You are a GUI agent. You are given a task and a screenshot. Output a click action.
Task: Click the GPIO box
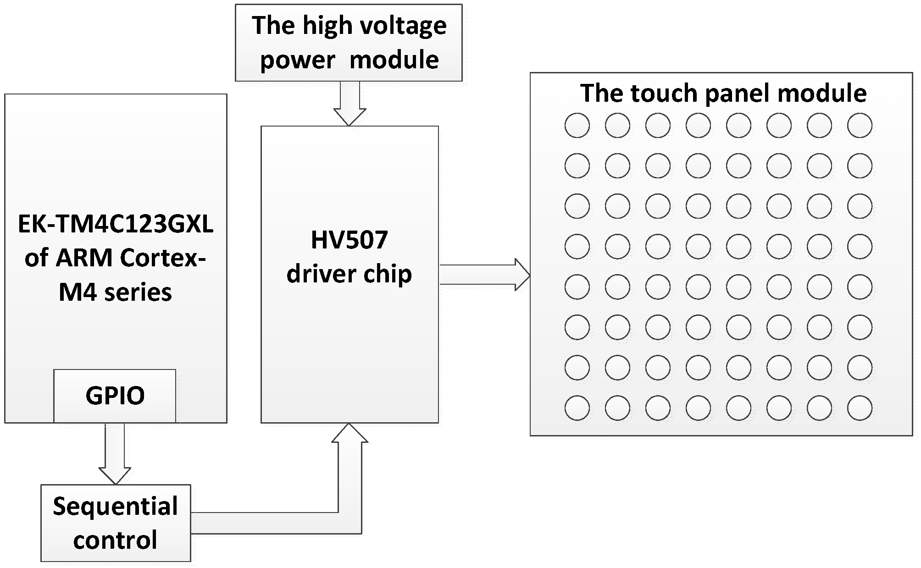(x=115, y=396)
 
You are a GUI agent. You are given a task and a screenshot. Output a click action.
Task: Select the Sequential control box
(x=116, y=523)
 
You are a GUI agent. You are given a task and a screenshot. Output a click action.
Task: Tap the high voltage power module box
(x=349, y=43)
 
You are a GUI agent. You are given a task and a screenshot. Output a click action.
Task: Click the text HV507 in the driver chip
(x=350, y=240)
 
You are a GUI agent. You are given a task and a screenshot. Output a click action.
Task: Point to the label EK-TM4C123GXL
(x=116, y=225)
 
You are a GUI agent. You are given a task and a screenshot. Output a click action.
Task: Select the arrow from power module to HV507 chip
(x=350, y=103)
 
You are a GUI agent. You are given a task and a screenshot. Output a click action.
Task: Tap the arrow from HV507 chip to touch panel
(x=484, y=275)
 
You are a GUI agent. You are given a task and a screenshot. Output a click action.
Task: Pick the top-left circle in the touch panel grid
(x=577, y=125)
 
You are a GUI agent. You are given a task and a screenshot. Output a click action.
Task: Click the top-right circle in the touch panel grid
(x=860, y=125)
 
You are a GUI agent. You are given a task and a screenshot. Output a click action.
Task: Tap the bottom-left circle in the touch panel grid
(x=577, y=408)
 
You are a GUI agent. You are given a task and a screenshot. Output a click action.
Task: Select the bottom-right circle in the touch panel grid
(x=860, y=408)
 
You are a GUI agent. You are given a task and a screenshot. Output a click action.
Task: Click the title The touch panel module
(x=723, y=93)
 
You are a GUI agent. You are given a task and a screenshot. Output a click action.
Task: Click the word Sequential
(x=116, y=507)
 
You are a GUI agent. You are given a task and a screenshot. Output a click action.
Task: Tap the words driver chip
(x=350, y=274)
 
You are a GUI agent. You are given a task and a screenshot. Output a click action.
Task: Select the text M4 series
(x=116, y=292)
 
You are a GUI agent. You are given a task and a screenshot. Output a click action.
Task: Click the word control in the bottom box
(x=116, y=540)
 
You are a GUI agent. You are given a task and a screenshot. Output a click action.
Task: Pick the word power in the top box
(x=297, y=60)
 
